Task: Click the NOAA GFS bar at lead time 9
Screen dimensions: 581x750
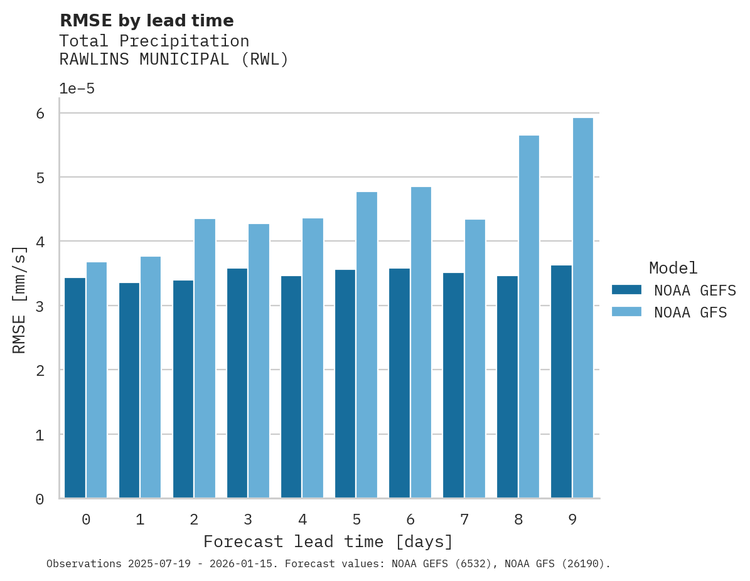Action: tap(582, 308)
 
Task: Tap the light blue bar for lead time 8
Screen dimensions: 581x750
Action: tap(528, 317)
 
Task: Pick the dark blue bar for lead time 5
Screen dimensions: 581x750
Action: tap(345, 384)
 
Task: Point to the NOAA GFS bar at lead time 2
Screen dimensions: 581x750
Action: tap(205, 358)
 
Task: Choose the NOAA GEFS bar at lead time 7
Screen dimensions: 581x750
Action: tap(453, 385)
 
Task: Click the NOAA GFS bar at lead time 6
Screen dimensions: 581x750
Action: tap(421, 343)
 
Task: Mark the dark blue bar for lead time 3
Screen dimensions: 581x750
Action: tap(237, 383)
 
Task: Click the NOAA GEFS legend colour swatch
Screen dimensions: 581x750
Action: tap(626, 290)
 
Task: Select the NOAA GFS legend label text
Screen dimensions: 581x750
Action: tap(690, 312)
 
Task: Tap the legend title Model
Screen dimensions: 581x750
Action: tap(673, 269)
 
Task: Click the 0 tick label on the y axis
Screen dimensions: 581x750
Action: tap(40, 499)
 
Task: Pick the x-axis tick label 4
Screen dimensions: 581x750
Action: tap(302, 520)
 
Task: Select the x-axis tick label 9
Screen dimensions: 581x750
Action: tap(572, 520)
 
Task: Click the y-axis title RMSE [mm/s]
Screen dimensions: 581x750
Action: tap(19, 300)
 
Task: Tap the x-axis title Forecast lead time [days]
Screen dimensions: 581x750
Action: tap(328, 541)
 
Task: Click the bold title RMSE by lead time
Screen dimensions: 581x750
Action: tap(146, 21)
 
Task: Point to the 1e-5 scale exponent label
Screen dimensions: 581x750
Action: tap(77, 89)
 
